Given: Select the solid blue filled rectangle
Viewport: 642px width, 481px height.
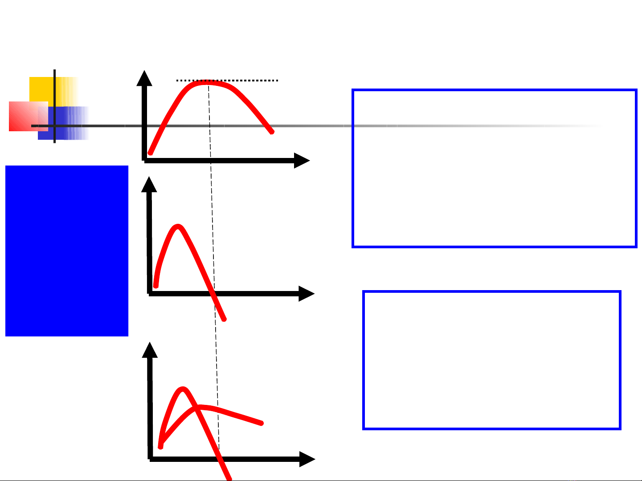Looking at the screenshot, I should (x=67, y=251).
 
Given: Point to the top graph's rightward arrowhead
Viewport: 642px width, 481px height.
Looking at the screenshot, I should (x=302, y=161).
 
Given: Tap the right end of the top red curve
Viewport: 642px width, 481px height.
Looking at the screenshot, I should (x=272, y=132).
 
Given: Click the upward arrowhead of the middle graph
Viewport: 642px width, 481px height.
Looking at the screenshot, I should (x=149, y=184).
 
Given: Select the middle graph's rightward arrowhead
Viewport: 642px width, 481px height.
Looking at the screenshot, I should (x=307, y=294).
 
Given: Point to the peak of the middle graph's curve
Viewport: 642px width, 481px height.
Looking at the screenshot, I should (x=178, y=226).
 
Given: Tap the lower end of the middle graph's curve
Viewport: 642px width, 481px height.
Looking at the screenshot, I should (x=225, y=319).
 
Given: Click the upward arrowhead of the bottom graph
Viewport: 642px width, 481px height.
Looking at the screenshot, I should (x=150, y=350).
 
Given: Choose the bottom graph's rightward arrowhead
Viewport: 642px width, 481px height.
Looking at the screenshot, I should (x=307, y=459).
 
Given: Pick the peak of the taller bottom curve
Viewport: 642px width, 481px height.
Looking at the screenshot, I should (x=182, y=389).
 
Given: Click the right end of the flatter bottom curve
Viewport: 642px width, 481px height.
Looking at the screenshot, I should (x=262, y=423).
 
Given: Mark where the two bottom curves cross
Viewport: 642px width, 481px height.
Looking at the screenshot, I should (x=197, y=407).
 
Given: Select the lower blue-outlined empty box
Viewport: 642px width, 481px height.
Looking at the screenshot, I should (x=492, y=360).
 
